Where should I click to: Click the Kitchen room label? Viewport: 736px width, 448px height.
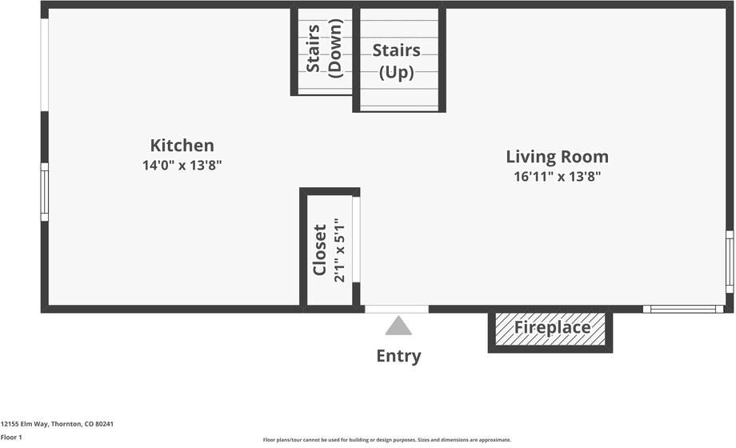point(182,146)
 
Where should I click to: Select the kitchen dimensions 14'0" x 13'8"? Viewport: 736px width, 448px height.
point(182,166)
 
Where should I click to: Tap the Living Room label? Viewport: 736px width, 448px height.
point(557,157)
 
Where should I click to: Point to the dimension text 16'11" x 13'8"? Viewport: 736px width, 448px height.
point(557,177)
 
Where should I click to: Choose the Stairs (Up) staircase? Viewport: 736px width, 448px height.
point(398,61)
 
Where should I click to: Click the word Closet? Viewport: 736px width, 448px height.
point(319,250)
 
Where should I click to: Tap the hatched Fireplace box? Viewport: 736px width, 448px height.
point(551,328)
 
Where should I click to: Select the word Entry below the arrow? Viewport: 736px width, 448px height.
point(398,356)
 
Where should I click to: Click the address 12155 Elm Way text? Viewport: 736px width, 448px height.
point(57,424)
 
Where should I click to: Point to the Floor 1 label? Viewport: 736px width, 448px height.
point(11,437)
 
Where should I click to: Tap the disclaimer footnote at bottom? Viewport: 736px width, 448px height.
point(386,440)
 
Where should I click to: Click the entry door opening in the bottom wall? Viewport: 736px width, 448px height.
point(397,309)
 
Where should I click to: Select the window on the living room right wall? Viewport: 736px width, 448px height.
point(729,262)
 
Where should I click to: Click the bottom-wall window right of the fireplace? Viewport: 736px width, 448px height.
point(683,309)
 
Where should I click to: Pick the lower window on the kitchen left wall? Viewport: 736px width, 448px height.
point(45,192)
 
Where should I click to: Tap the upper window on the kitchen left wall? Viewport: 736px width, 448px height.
point(45,65)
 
